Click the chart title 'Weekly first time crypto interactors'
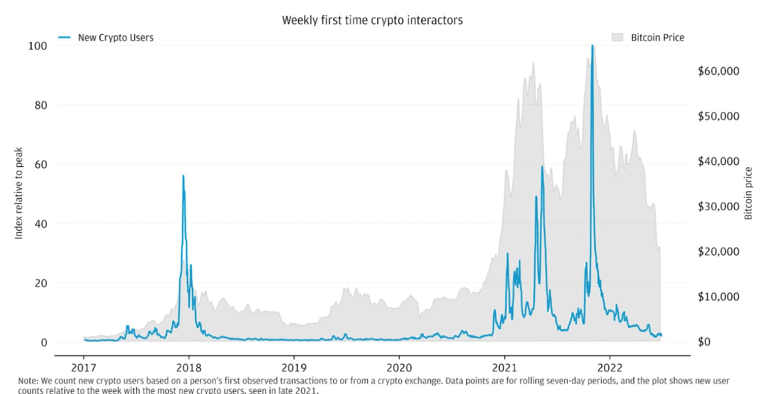[x=372, y=20]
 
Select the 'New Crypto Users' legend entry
[x=116, y=37]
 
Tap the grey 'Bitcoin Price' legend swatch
[x=617, y=37]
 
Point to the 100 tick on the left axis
[x=37, y=46]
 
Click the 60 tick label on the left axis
[x=41, y=164]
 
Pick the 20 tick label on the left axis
[x=41, y=283]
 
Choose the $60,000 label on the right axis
[x=718, y=71]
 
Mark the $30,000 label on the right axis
[x=718, y=207]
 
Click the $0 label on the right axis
[x=704, y=342]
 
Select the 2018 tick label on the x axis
[x=189, y=368]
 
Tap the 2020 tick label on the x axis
[x=399, y=368]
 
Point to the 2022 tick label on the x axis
[x=609, y=368]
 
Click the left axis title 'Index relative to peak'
[x=19, y=193]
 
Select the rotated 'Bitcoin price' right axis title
[x=748, y=193]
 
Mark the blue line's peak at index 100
[x=593, y=46]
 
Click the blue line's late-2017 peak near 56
[x=183, y=176]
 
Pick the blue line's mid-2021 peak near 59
[x=542, y=167]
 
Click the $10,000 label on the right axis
[x=718, y=297]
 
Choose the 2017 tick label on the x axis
[x=83, y=368]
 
